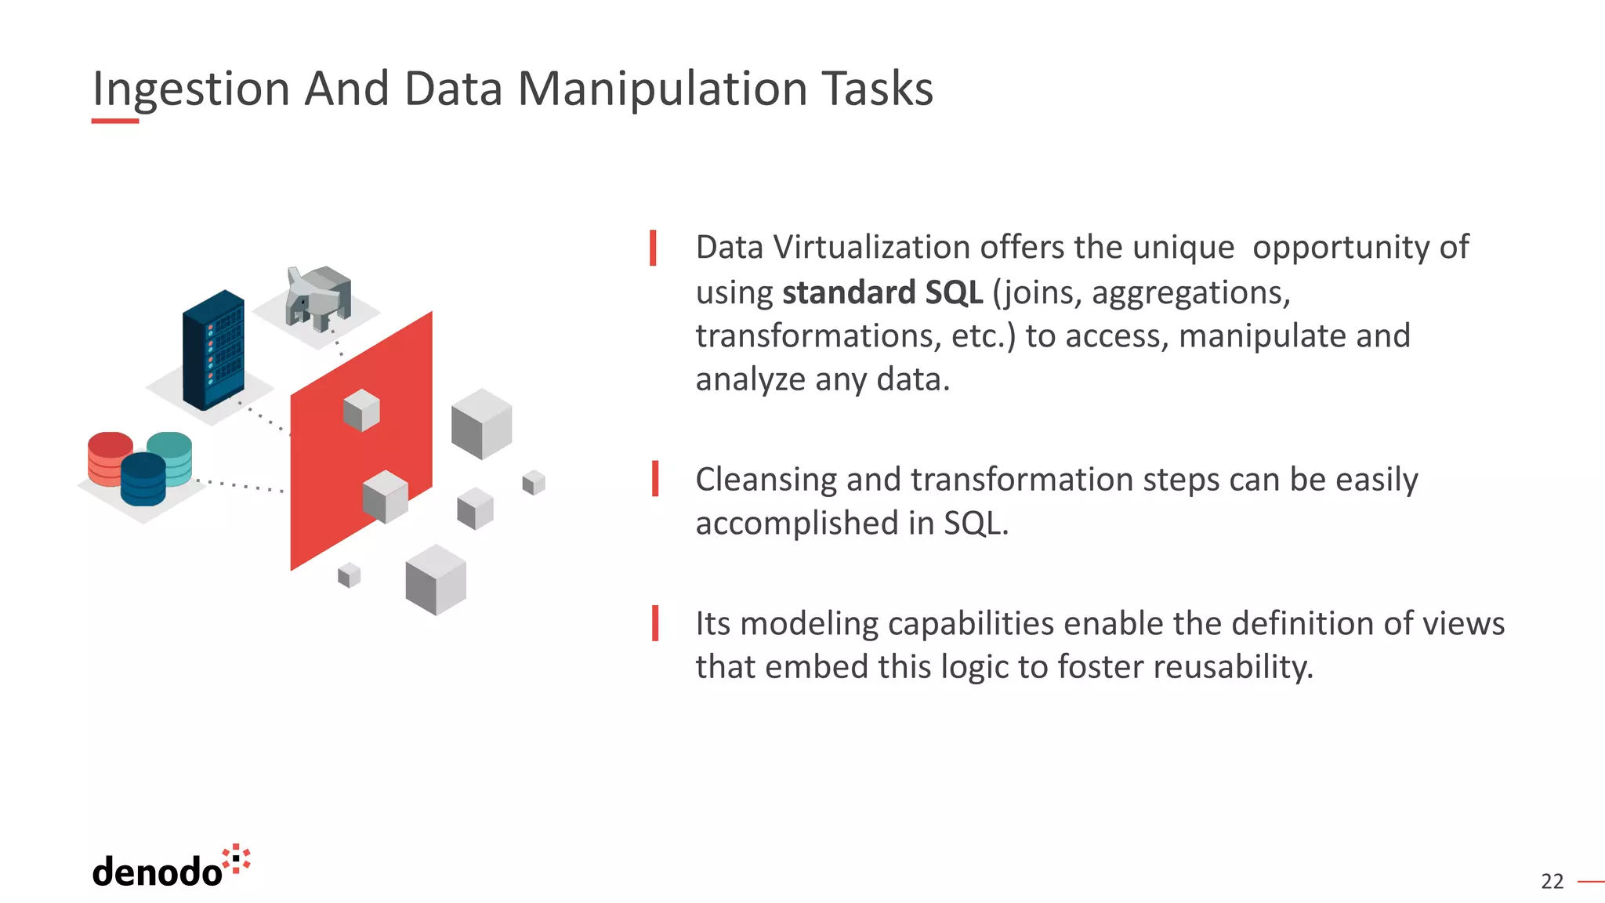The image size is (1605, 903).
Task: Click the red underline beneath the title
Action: coord(114,121)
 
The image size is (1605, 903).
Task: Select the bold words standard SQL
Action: coord(882,292)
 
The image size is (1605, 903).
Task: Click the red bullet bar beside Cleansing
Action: coord(654,479)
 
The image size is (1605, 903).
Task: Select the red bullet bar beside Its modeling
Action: coord(654,623)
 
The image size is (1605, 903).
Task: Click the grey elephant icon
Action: coord(317,298)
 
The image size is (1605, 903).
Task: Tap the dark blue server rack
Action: coord(213,350)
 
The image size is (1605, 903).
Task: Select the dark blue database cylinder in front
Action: coord(143,479)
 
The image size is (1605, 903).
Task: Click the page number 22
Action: coord(1552,882)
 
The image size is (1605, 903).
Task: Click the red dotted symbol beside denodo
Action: coord(236,859)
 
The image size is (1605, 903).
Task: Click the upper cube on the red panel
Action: coord(361,410)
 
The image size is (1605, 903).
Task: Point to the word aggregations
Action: coord(1190,292)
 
